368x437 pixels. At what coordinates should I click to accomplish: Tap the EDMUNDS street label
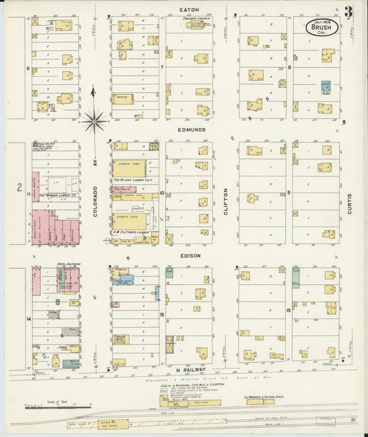tap(189, 129)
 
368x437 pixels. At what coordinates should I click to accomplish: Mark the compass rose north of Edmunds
tap(94, 122)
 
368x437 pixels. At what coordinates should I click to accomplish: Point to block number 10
tap(162, 194)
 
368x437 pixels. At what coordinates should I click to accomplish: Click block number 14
tap(28, 319)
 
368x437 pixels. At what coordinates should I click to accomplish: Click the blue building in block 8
tap(325, 87)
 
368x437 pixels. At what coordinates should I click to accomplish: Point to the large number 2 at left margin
tap(20, 187)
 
